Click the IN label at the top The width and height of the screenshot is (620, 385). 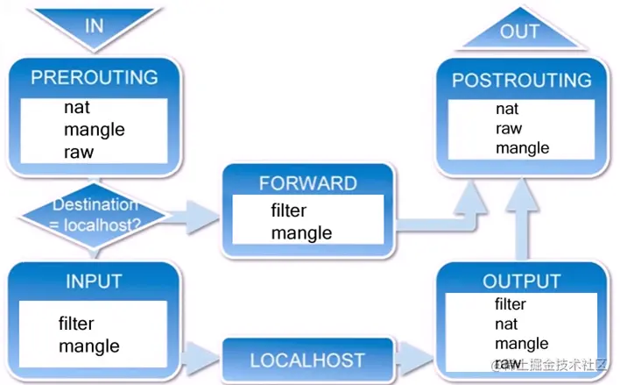94,25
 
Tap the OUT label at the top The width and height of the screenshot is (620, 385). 519,32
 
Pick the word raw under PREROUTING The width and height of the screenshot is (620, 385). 79,151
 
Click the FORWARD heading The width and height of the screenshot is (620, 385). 307,183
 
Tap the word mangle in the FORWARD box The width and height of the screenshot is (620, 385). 301,232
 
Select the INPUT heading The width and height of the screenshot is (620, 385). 94,282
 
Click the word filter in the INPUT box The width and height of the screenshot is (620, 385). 76,324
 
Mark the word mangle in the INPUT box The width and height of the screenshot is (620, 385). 89,346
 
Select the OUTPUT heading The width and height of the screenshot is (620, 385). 522,282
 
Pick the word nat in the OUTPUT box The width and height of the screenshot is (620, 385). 506,324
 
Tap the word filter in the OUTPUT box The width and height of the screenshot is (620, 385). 511,304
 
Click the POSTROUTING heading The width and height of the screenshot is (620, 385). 521,81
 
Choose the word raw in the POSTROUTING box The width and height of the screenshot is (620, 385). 508,128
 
